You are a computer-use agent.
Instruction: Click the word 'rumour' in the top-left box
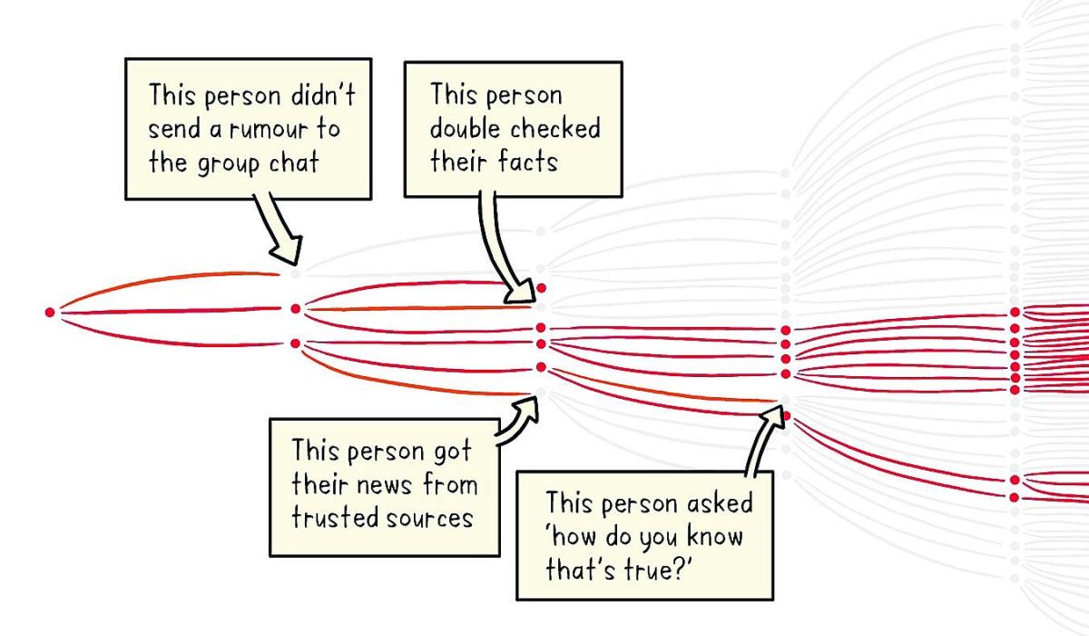[269, 129]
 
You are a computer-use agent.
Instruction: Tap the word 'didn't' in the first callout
[323, 94]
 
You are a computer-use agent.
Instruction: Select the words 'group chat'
[258, 164]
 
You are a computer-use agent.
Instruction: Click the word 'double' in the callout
[465, 128]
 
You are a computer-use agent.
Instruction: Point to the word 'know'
[715, 536]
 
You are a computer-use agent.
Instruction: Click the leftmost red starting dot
[50, 313]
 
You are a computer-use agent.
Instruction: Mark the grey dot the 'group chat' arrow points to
[296, 274]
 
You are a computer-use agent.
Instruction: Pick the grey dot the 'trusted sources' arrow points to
[541, 393]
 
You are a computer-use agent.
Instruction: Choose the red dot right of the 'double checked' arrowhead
[541, 288]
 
